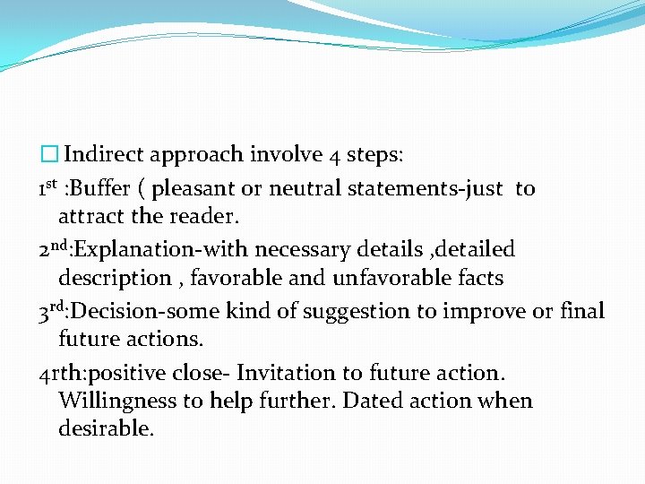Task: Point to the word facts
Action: (480, 278)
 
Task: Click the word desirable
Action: (106, 428)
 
